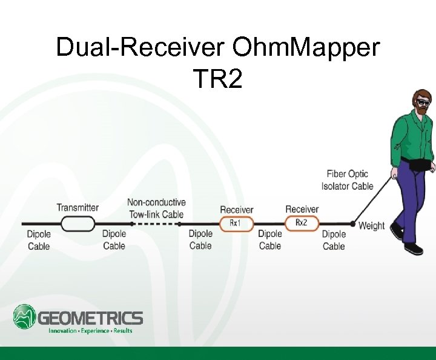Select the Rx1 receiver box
[x=234, y=223]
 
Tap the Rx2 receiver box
[x=301, y=223]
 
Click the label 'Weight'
[x=372, y=226]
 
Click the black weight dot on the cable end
[x=352, y=224]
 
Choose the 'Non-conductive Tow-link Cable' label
[x=156, y=208]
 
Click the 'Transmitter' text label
[x=78, y=208]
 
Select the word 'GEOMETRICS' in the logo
[x=91, y=318]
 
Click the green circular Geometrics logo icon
[x=25, y=317]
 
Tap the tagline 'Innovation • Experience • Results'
[x=90, y=331]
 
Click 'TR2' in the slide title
[x=217, y=78]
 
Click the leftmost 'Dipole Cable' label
[x=39, y=240]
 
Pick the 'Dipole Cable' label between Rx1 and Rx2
[x=270, y=240]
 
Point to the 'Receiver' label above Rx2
[x=302, y=210]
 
